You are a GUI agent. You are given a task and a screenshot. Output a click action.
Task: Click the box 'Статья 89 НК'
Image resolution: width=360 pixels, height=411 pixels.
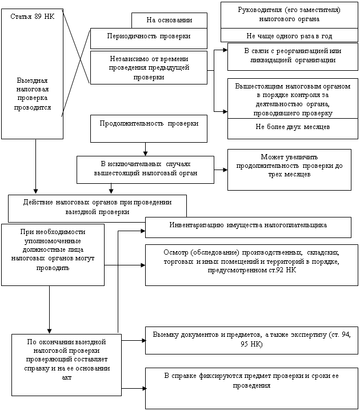33,73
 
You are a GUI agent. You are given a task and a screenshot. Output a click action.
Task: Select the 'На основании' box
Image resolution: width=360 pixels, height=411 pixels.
169,21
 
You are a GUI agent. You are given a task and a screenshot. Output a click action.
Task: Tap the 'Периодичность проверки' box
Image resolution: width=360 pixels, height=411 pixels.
148,37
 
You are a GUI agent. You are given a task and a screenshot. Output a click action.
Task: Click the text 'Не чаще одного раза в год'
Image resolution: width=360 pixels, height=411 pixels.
289,35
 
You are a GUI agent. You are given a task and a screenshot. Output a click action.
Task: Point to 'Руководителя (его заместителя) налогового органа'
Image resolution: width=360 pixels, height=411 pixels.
289,14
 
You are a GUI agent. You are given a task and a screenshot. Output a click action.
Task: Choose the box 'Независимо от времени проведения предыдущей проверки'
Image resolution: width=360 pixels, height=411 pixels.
148,67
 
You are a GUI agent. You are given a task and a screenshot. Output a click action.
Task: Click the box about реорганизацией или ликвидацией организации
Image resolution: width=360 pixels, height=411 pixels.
289,56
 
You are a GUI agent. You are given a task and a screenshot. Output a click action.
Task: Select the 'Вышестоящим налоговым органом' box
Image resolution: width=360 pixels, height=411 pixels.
289,98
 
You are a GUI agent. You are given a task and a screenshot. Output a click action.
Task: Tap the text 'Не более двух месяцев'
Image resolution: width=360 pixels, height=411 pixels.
289,127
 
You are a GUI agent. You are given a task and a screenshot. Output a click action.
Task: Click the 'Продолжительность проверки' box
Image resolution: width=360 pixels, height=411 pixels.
149,128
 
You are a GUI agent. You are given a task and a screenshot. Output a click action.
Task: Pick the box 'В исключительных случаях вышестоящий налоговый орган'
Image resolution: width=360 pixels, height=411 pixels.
145,169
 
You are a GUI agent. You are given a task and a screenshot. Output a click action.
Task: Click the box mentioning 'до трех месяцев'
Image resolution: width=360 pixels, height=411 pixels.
289,169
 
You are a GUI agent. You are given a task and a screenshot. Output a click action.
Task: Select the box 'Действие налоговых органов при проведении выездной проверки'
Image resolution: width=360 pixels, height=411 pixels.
97,208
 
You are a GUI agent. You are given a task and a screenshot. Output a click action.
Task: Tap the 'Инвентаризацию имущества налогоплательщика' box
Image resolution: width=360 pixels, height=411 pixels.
247,226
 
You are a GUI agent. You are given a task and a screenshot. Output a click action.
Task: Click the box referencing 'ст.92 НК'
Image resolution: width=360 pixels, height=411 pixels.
247,264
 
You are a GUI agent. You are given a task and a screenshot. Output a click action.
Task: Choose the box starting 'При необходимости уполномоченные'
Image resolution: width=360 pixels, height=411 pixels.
53,254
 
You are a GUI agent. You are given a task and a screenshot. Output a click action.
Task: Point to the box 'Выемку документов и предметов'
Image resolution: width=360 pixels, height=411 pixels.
247,340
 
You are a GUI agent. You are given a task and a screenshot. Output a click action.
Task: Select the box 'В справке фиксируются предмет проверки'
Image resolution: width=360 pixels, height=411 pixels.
247,388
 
